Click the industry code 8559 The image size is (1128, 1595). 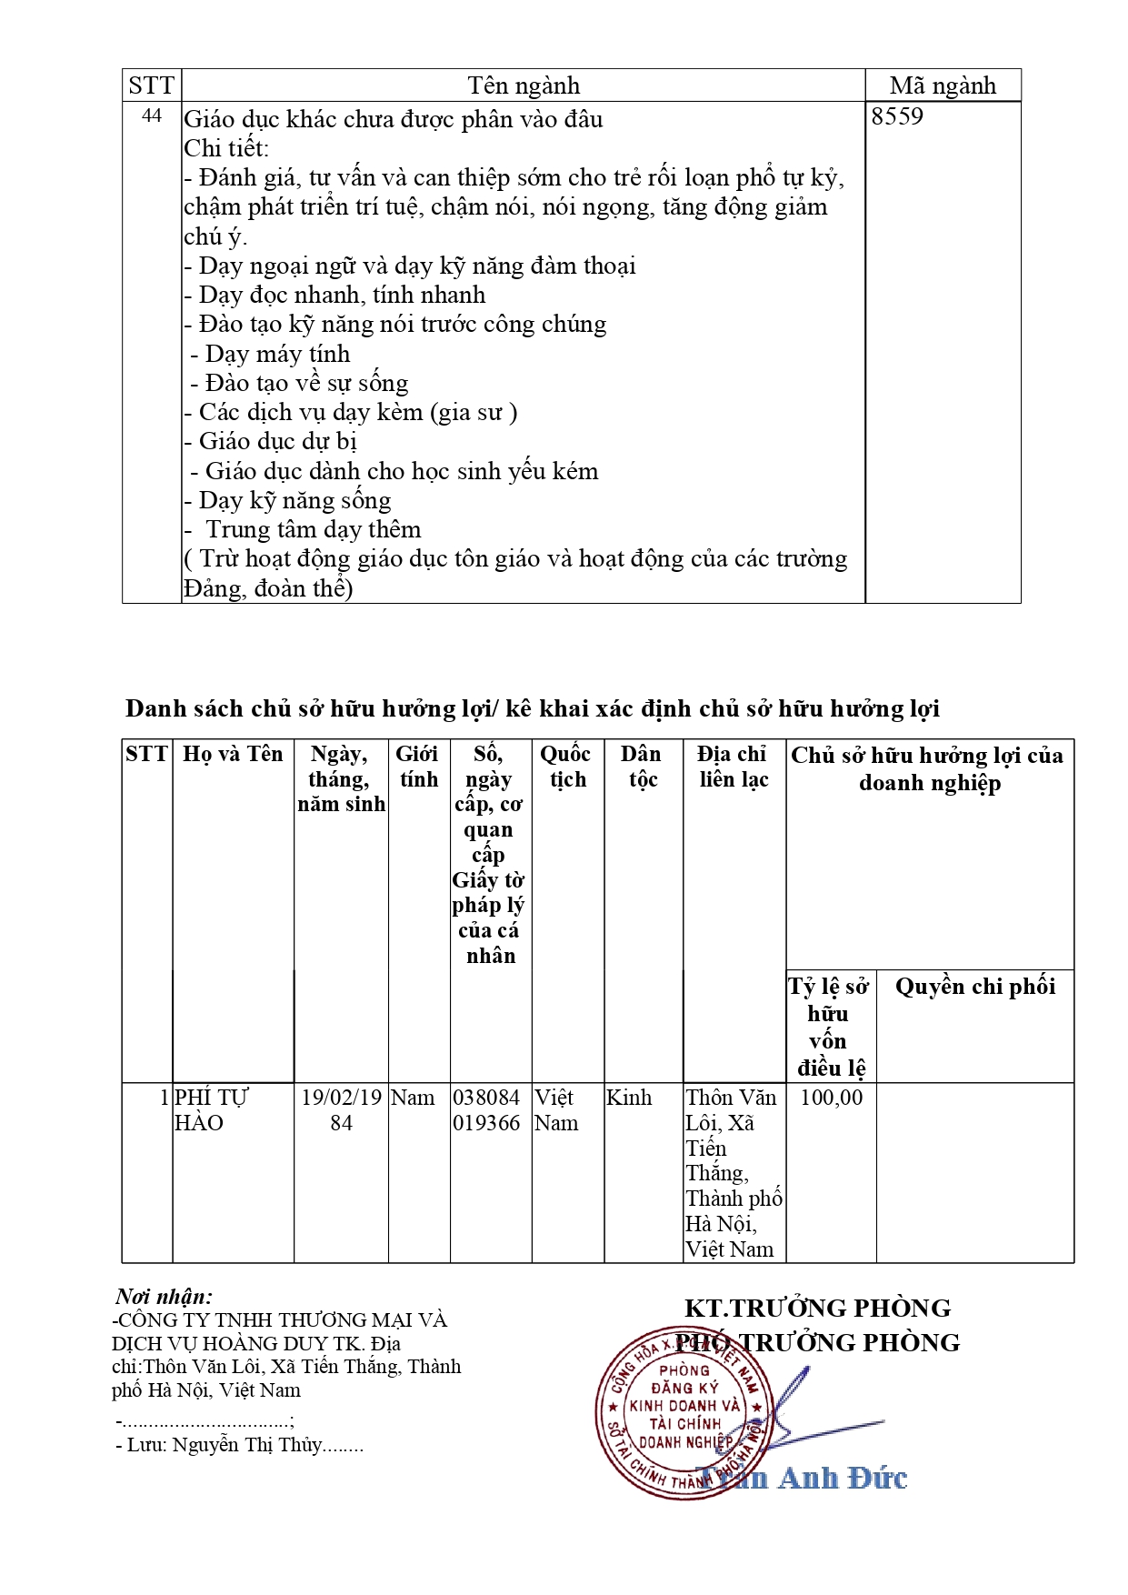[896, 116]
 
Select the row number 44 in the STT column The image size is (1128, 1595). [152, 116]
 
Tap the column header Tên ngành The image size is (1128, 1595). [523, 85]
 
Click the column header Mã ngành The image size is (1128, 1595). [942, 85]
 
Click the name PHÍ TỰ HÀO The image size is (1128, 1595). [210, 1109]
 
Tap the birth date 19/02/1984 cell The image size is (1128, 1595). [341, 1109]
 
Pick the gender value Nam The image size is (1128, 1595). [413, 1098]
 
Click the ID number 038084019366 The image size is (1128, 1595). [486, 1109]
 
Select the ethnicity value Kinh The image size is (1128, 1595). [629, 1098]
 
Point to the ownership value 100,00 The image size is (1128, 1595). [831, 1098]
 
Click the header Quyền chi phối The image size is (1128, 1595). [974, 987]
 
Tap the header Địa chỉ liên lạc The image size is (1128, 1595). [733, 767]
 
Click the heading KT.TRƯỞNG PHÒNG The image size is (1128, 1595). [816, 1308]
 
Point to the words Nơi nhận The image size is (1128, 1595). [164, 1296]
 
